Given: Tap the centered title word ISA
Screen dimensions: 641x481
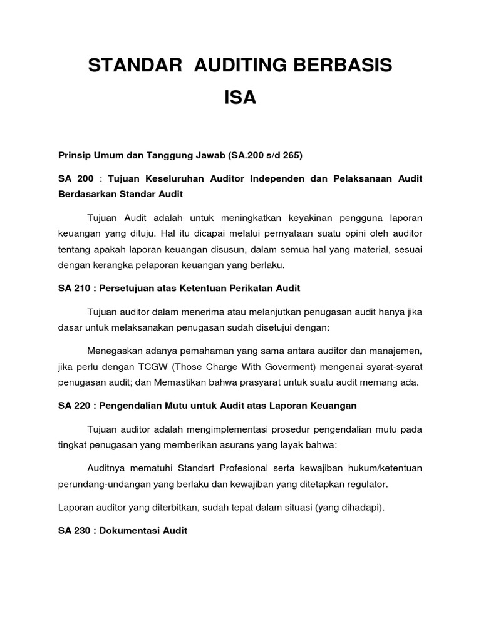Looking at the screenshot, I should [x=240, y=98].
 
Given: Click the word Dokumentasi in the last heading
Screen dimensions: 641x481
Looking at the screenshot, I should [x=128, y=530].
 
